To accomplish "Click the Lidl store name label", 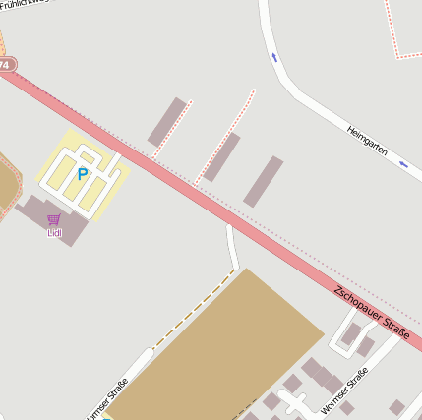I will [54, 233].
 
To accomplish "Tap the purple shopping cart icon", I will [54, 219].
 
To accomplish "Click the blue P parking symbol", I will [83, 174].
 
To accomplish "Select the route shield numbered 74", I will [6, 64].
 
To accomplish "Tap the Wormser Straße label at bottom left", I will [108, 401].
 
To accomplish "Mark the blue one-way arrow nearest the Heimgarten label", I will [404, 165].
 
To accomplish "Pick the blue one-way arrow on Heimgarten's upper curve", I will [274, 57].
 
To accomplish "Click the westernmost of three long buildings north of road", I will [167, 121].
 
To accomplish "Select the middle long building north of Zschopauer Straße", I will [222, 157].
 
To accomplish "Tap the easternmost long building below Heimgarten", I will [264, 182].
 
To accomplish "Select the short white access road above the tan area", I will [233, 247].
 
